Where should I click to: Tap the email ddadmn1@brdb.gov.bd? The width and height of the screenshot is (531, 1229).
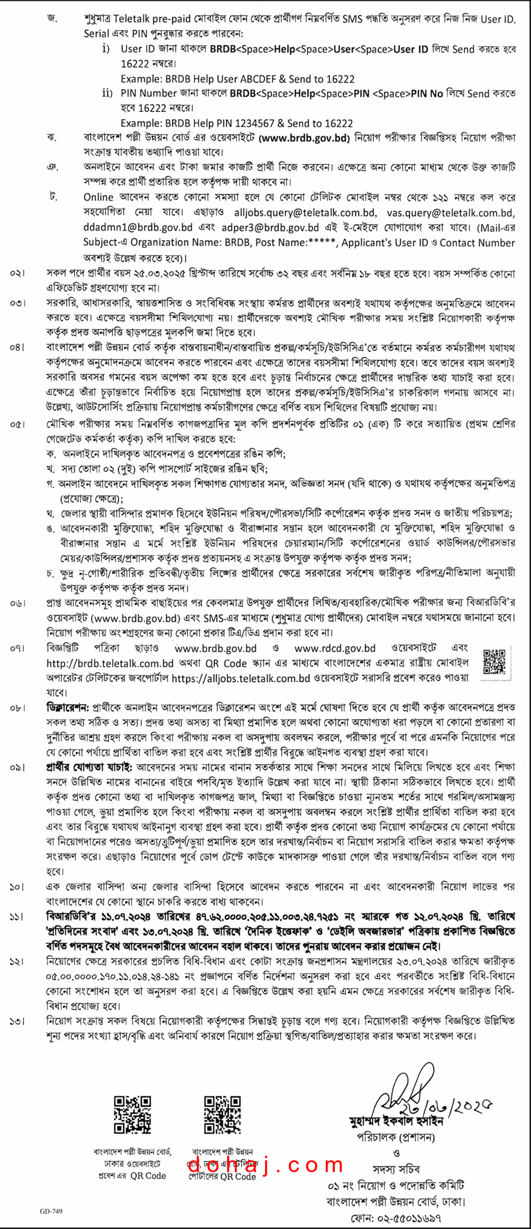pos(138,227)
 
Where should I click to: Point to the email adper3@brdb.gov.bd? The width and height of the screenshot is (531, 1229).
pos(270,227)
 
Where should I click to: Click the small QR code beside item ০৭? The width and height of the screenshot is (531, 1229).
pos(494,663)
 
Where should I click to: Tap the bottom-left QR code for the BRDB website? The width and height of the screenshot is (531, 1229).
pos(132,1114)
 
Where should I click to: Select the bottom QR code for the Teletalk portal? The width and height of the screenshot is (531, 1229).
pos(222,1114)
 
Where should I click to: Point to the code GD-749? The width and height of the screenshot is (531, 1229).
pos(51,1211)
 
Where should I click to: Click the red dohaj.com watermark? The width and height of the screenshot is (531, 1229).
pos(265,1165)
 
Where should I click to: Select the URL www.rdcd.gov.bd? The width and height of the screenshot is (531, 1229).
pos(335,648)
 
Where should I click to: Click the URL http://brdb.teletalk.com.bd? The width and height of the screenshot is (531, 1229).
pos(110,663)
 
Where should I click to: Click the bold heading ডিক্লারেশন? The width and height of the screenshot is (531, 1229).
pos(68,708)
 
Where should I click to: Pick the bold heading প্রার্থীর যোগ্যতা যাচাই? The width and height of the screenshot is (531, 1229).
pos(89,767)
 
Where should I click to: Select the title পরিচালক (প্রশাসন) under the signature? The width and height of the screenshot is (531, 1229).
pos(396,1137)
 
